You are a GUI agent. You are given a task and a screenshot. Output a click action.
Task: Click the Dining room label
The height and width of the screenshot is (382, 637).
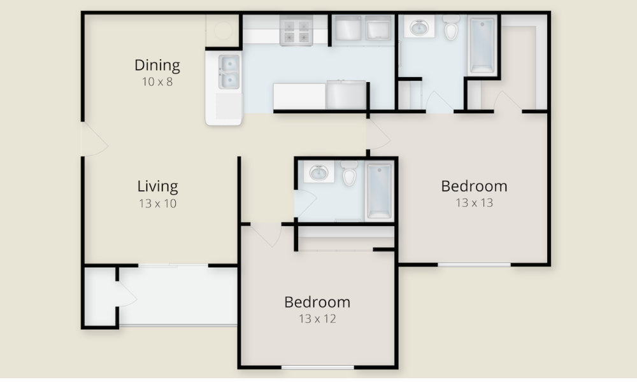pos(157,65)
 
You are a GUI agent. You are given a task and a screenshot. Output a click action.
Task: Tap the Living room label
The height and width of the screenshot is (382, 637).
pos(157,187)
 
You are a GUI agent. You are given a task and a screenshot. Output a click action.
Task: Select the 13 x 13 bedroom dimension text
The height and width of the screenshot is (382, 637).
pos(474,202)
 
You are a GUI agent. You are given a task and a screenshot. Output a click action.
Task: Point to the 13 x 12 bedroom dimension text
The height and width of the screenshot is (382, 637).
pos(317,319)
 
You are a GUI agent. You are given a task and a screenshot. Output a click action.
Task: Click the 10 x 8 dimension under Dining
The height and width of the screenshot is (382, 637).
pos(157,81)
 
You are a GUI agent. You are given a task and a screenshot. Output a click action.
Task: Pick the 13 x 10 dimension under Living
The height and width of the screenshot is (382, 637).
pos(157,203)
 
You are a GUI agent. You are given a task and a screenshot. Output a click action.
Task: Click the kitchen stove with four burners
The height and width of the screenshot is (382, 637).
pos(296,31)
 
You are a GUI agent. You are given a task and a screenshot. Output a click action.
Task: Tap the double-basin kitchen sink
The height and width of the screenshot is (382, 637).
pos(229,72)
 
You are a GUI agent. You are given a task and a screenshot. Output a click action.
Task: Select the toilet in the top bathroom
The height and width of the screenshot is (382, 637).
pos(451,27)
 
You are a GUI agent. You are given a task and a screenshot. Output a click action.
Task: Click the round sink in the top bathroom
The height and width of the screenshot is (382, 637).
pos(419,27)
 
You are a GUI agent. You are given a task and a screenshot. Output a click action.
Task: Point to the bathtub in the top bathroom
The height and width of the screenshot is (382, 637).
pos(482,45)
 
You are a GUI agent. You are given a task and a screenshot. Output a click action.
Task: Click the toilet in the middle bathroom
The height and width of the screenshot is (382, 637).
pos(349,173)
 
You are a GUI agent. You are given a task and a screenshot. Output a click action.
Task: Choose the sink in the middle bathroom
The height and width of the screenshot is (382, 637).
pos(319,173)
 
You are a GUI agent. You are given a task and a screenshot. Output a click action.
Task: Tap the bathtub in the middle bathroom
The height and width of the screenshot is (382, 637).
pos(379,191)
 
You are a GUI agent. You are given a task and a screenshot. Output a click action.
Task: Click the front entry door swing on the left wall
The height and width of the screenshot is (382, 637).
pos(94,139)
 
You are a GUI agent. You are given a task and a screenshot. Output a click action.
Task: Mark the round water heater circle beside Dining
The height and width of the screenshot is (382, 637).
pos(222,31)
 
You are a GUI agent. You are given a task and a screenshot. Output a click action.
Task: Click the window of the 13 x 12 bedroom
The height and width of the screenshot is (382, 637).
pos(318,367)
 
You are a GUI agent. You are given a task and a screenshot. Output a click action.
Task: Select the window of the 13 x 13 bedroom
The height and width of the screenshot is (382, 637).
pos(474,265)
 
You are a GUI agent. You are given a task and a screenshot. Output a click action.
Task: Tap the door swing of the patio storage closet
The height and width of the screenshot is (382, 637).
pos(126,294)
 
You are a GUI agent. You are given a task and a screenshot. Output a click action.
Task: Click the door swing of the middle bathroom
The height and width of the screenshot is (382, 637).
pos(304,203)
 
